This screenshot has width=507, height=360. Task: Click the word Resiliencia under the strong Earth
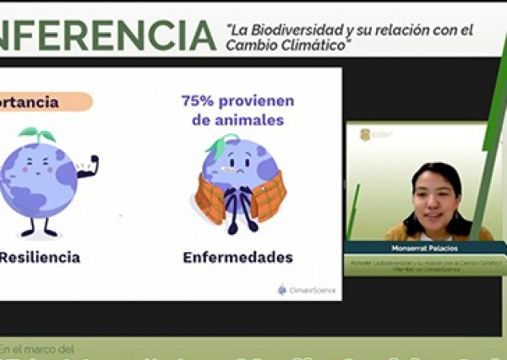tap(41, 257)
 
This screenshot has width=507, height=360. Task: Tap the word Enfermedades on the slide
tap(238, 257)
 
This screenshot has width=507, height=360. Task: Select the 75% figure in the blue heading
tap(195, 101)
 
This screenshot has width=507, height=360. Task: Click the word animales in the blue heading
tap(248, 120)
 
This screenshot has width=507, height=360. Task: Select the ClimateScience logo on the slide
tap(306, 290)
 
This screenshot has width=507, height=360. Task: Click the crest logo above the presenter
tap(365, 134)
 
